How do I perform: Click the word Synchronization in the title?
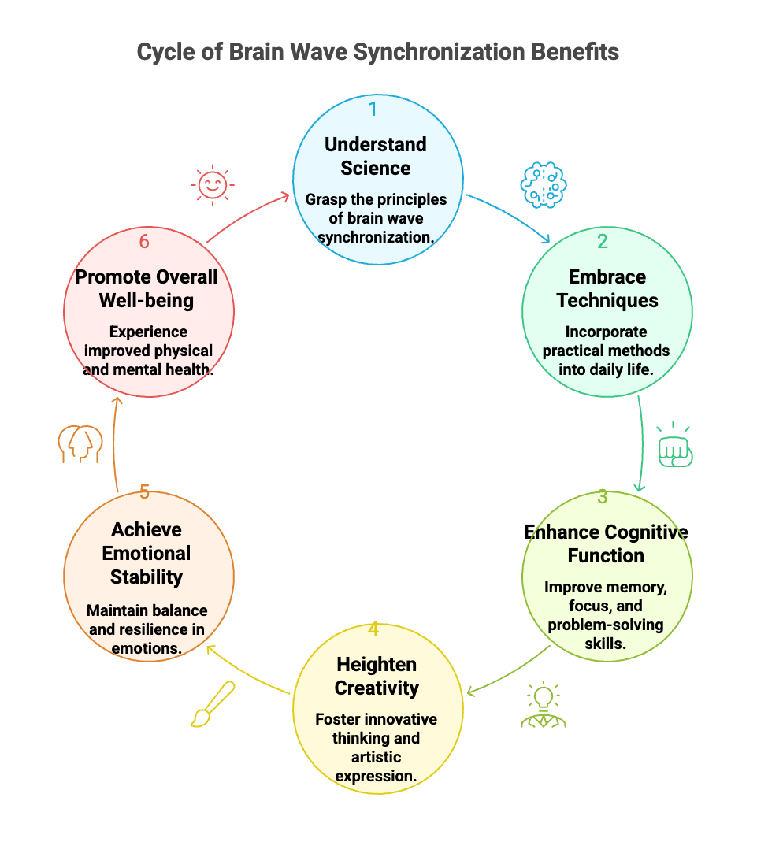[x=440, y=52]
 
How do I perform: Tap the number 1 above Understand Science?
[x=373, y=109]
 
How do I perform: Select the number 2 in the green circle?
[x=602, y=242]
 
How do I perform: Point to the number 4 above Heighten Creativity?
[x=373, y=629]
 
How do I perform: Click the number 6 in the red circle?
[x=144, y=242]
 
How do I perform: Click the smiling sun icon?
[x=210, y=185]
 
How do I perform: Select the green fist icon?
[x=674, y=447]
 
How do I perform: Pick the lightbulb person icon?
[x=544, y=705]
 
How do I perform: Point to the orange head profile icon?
[x=80, y=444]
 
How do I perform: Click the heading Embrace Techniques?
[x=607, y=288]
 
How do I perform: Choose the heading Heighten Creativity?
[x=377, y=676]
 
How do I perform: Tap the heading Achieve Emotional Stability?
[x=147, y=553]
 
